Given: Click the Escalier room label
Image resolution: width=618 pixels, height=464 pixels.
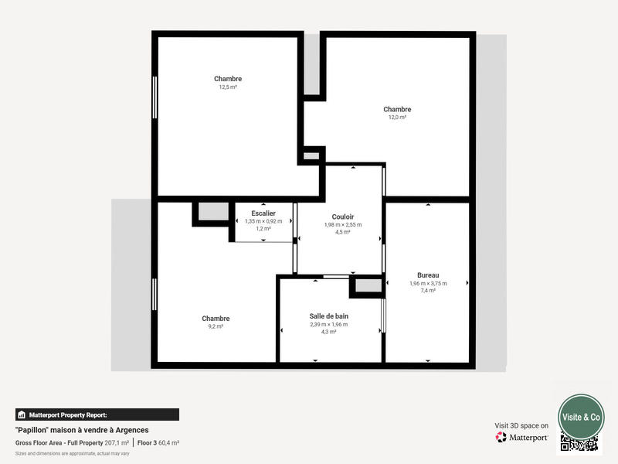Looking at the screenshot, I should tap(263, 213).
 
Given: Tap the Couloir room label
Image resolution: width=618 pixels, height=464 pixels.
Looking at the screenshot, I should tap(342, 217).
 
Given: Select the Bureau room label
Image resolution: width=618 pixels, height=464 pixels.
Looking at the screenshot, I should tap(428, 275).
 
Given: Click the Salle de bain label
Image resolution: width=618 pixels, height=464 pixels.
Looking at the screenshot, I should tap(329, 316).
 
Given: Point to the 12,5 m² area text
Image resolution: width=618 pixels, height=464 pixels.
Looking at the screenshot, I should tap(228, 87).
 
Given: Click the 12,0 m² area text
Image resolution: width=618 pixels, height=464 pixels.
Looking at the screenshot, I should tap(397, 118).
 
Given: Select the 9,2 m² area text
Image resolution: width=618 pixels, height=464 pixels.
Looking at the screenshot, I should tap(216, 327).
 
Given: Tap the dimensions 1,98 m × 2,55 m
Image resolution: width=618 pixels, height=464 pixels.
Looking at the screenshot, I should tap(342, 225).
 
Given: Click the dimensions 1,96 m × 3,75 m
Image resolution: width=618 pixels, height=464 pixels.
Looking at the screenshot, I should tap(428, 283).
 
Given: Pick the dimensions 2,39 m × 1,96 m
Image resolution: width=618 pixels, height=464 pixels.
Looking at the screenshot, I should tap(329, 324).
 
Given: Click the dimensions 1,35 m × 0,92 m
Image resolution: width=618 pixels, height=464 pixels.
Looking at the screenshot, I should tap(263, 221).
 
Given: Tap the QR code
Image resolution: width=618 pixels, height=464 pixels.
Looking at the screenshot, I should tap(579, 443).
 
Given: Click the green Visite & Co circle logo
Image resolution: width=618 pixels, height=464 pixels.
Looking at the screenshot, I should tap(581, 417).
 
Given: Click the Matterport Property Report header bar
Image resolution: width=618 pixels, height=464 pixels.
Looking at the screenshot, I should tap(97, 415).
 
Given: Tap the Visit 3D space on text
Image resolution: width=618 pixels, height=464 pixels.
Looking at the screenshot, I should tap(521, 425).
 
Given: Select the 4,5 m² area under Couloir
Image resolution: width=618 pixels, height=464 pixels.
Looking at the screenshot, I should tap(342, 232).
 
